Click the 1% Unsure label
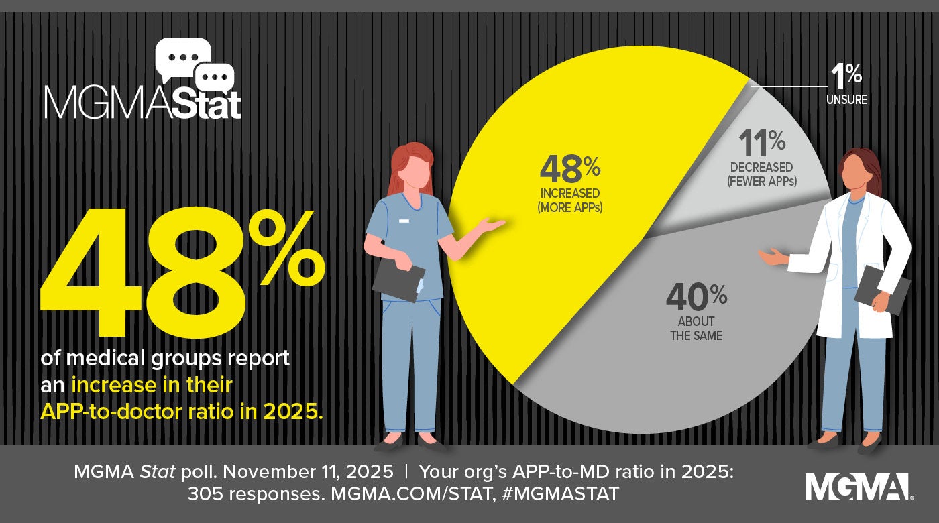(x=846, y=87)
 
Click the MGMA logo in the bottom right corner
(x=858, y=486)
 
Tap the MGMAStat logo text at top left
(x=142, y=104)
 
